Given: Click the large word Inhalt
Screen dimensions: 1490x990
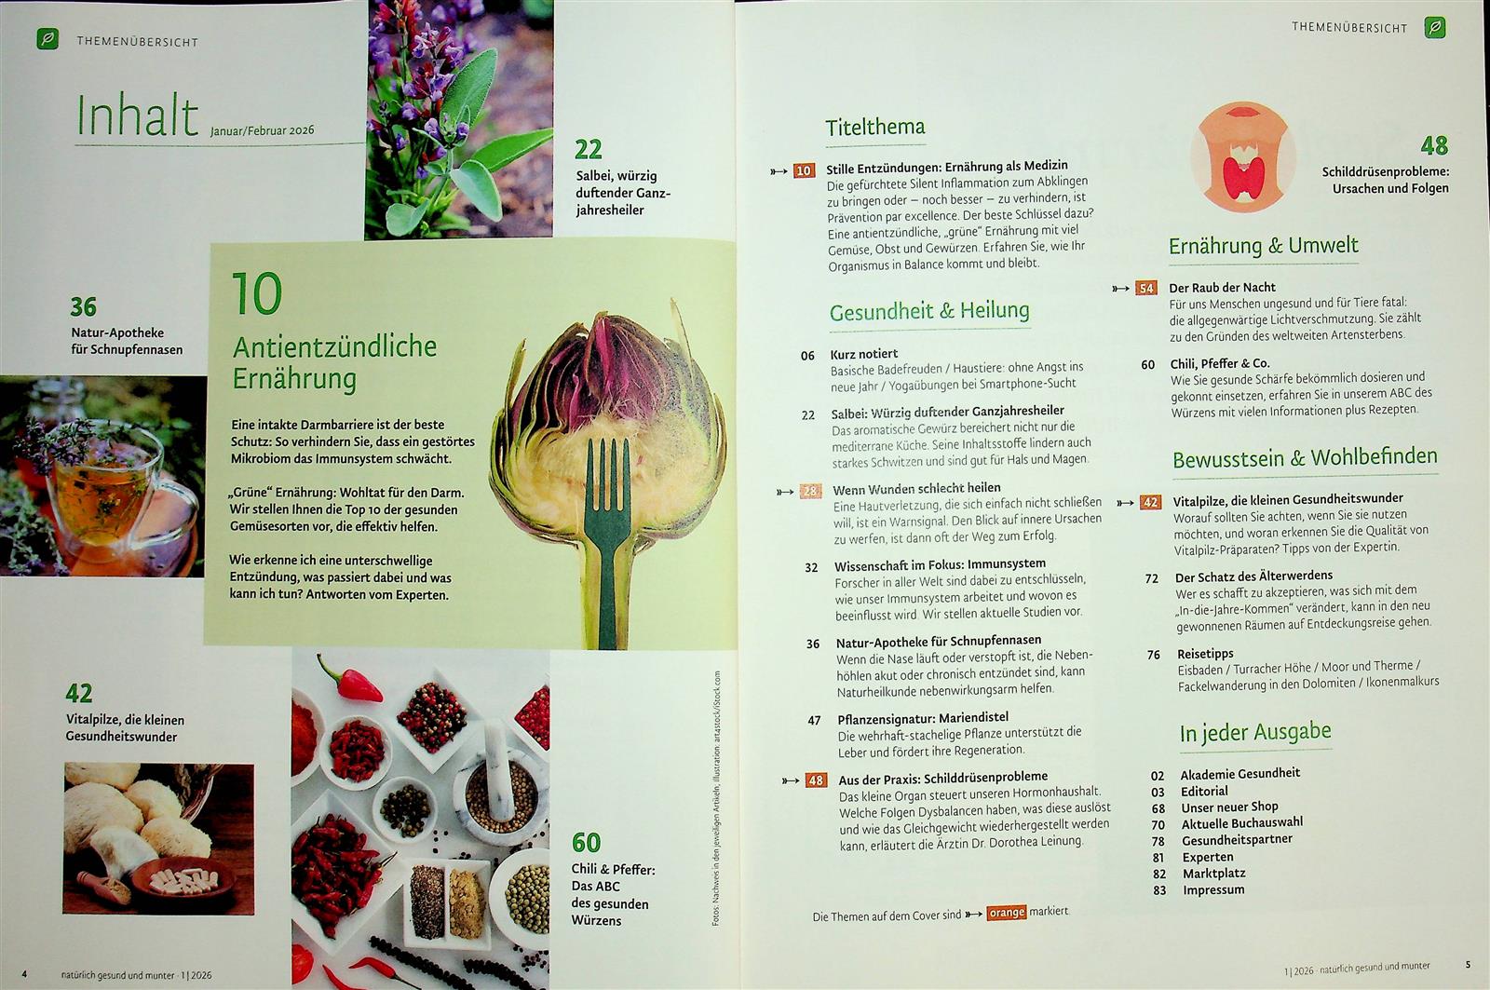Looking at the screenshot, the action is pyautogui.click(x=138, y=115).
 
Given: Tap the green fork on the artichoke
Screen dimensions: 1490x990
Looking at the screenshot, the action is pyautogui.click(x=606, y=539).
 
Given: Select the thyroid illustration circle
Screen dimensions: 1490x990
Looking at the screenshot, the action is pyautogui.click(x=1242, y=157).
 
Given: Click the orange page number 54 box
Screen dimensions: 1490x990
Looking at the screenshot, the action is pyautogui.click(x=1146, y=288).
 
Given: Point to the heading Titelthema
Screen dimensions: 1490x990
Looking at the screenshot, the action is pyautogui.click(x=874, y=127).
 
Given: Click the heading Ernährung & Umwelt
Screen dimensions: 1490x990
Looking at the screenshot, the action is pyautogui.click(x=1263, y=246).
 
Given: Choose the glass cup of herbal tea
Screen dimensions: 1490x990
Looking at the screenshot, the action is pyautogui.click(x=106, y=493).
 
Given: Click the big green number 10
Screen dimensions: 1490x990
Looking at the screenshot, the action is pyautogui.click(x=257, y=293).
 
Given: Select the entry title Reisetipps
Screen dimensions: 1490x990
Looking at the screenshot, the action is pyautogui.click(x=1205, y=654).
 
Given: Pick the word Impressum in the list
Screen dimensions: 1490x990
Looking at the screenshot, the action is pyautogui.click(x=1213, y=889).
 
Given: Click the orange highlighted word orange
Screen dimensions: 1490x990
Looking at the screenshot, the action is pyautogui.click(x=1007, y=912).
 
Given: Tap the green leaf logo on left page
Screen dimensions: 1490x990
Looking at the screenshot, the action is pyautogui.click(x=47, y=38).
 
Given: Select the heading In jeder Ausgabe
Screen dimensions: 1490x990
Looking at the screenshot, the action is pyautogui.click(x=1255, y=733).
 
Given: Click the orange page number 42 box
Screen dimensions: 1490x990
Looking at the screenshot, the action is pyautogui.click(x=1150, y=502).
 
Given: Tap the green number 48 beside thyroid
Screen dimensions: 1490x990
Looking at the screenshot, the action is pyautogui.click(x=1434, y=145).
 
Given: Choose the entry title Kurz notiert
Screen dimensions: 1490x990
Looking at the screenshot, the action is pyautogui.click(x=864, y=354).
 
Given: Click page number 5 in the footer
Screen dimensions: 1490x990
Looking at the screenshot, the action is pyautogui.click(x=1468, y=964).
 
